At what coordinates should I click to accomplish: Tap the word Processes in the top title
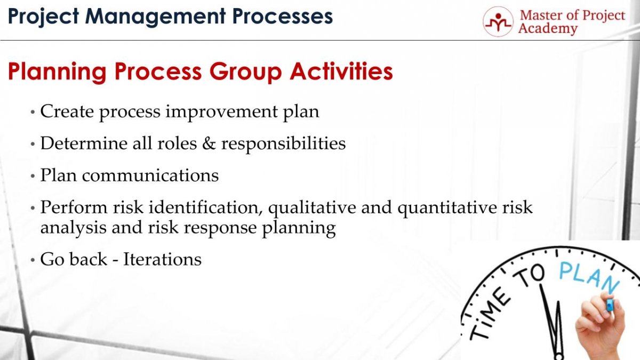[x=283, y=16]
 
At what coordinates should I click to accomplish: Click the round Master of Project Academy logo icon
[x=498, y=22]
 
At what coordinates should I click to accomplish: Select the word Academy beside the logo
[x=548, y=29]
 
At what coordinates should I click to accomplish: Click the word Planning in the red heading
[x=57, y=72]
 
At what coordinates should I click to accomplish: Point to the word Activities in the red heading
[x=341, y=71]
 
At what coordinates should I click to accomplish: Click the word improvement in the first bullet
[x=221, y=111]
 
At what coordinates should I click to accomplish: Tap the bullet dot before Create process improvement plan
[x=33, y=112]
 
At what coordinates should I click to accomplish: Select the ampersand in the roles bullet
[x=209, y=143]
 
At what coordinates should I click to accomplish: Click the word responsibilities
[x=283, y=144]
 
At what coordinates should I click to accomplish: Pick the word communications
[x=150, y=175]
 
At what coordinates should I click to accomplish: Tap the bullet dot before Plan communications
[x=33, y=176]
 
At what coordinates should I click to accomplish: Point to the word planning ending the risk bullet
[x=299, y=229]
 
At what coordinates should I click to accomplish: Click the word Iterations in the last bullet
[x=162, y=259]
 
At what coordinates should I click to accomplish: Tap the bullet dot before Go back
[x=33, y=260]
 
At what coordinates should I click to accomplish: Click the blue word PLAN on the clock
[x=589, y=278]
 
